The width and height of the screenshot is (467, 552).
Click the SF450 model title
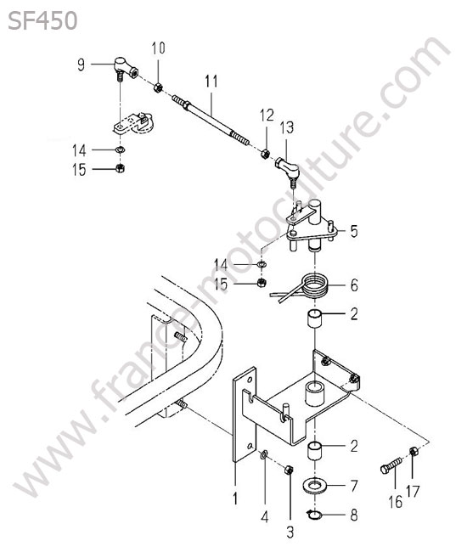[x=42, y=20]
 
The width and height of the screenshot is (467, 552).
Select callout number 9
[x=82, y=65]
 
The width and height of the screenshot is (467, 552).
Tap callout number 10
[x=159, y=48]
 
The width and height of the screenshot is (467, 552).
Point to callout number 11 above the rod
[x=211, y=82]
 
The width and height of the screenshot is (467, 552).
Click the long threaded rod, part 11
[x=211, y=121]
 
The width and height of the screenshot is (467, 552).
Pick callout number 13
[x=287, y=127]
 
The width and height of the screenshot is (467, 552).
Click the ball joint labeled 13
[x=288, y=170]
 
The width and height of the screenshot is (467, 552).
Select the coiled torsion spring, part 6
[x=302, y=286]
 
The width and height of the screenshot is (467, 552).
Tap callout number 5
[x=354, y=231]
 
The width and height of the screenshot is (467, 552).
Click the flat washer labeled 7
[x=315, y=486]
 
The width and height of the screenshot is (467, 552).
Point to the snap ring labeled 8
[x=314, y=515]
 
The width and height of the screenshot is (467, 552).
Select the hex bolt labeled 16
[x=391, y=465]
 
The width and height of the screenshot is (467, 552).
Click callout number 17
[x=413, y=492]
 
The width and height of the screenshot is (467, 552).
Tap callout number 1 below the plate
[x=235, y=498]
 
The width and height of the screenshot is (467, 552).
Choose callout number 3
[x=290, y=532]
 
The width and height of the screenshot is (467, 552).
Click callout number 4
[x=265, y=516]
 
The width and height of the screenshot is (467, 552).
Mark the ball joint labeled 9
[x=126, y=68]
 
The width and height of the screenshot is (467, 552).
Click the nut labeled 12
[x=266, y=154]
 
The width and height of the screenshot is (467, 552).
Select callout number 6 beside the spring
[x=354, y=285]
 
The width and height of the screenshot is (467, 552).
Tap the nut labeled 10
[x=158, y=87]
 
